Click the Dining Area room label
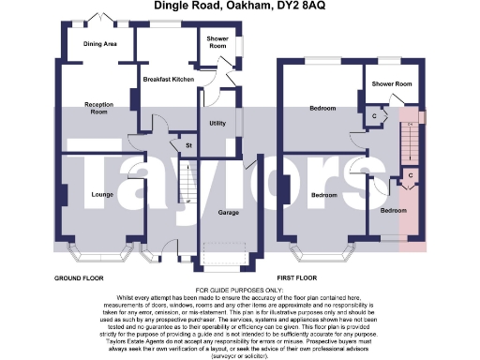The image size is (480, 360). pos(100,44)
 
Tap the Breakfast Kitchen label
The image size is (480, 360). pos(169,81)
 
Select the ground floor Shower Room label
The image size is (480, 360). pos(217,42)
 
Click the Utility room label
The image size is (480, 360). pos(217,124)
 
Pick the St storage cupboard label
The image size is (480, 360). pos(187,146)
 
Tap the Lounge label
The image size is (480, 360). pos(102,194)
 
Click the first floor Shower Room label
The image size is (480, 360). pos(392,84)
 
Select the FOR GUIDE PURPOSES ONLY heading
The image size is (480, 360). pos(239,291)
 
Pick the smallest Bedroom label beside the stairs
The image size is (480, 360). pos(393,211)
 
